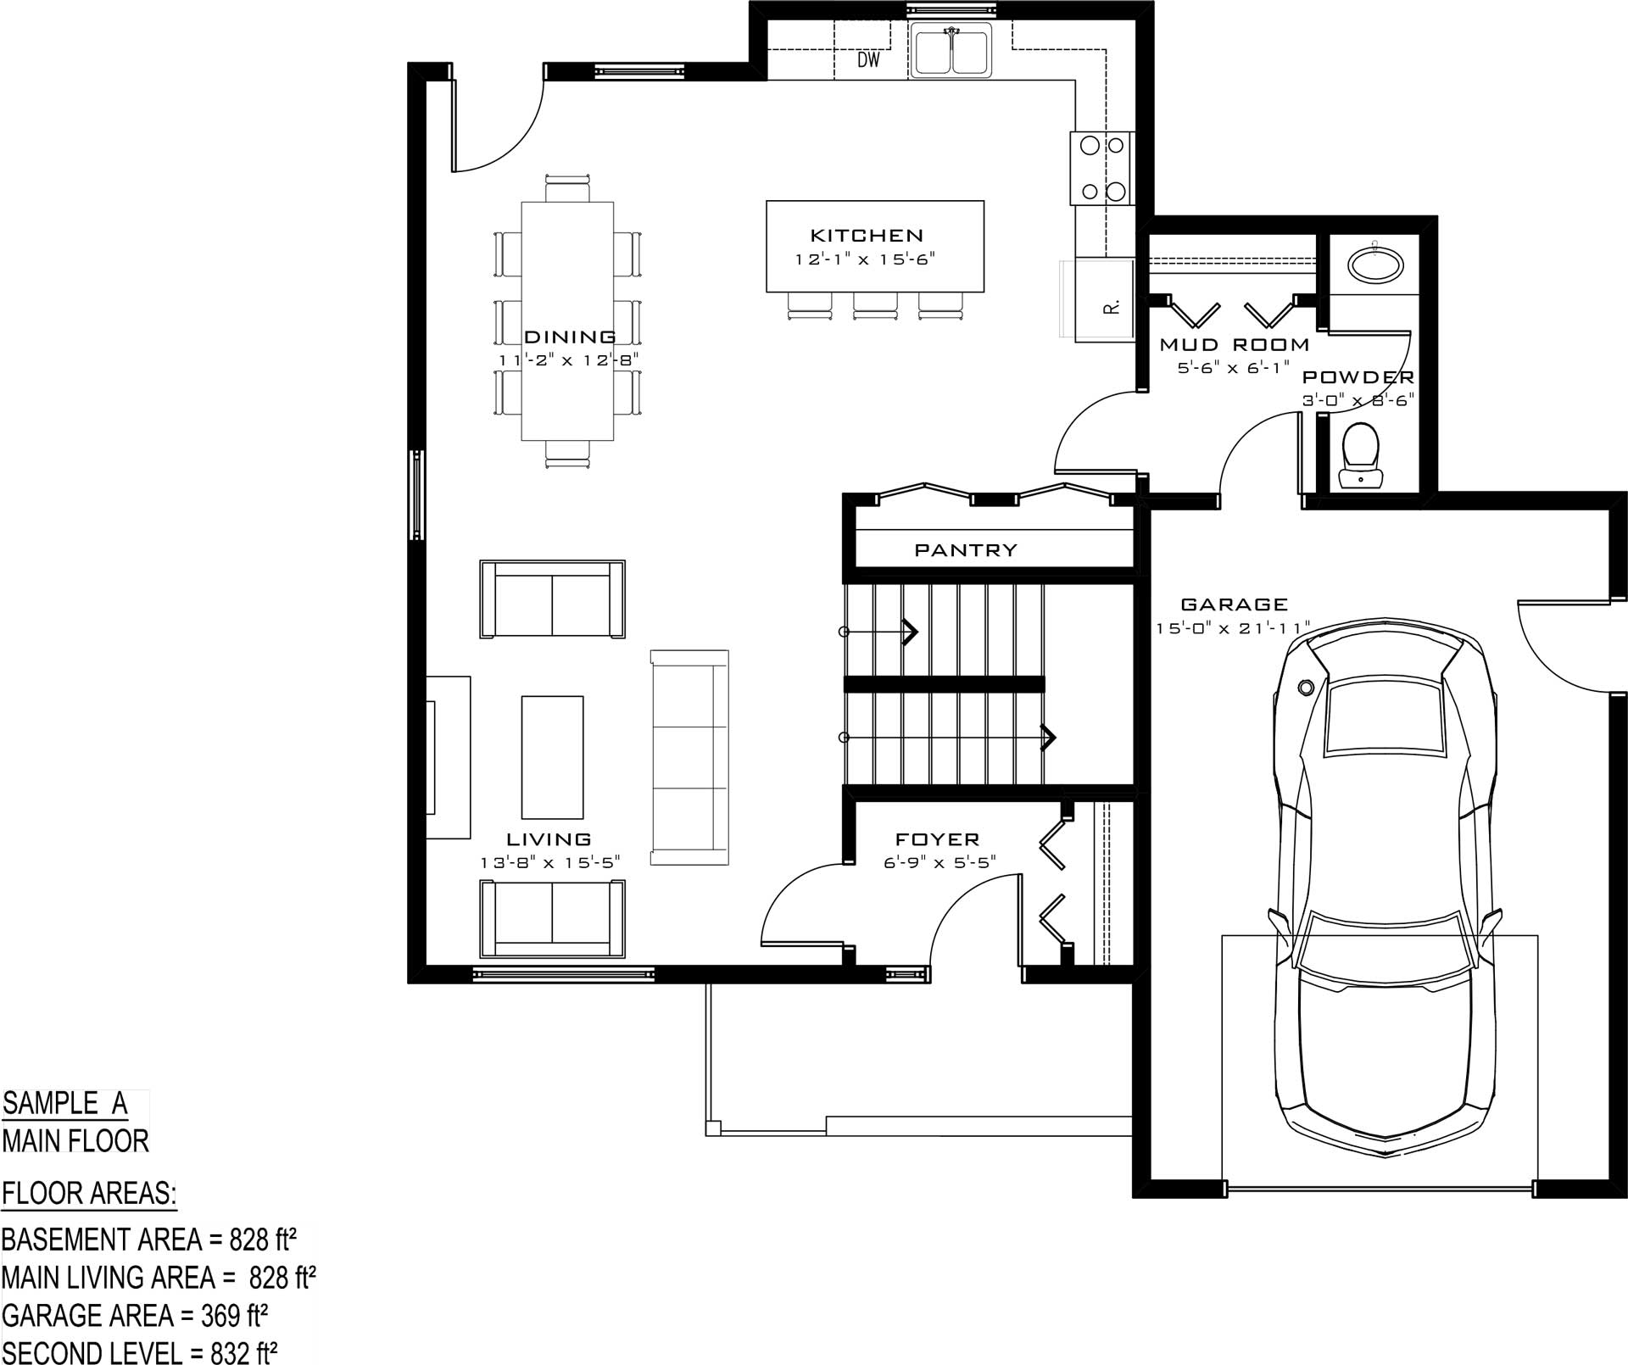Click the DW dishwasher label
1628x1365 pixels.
pos(868,60)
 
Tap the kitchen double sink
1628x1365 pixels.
pos(951,50)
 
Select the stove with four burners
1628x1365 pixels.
pos(1102,168)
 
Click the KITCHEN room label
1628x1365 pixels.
pos(867,236)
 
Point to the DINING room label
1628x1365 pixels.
pos(570,337)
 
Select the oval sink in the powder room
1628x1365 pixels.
pos(1374,263)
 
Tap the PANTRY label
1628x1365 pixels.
pos(965,550)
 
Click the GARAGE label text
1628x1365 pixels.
pos(1234,604)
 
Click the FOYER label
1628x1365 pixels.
pos(938,839)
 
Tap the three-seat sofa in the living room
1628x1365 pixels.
pos(689,757)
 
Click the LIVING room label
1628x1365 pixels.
pos(549,839)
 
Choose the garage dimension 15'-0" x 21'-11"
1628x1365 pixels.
pos(1233,628)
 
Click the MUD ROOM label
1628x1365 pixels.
pos(1235,344)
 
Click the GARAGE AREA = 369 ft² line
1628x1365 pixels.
pos(135,1315)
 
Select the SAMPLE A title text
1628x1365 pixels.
pos(64,1103)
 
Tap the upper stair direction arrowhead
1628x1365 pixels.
pos(911,632)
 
